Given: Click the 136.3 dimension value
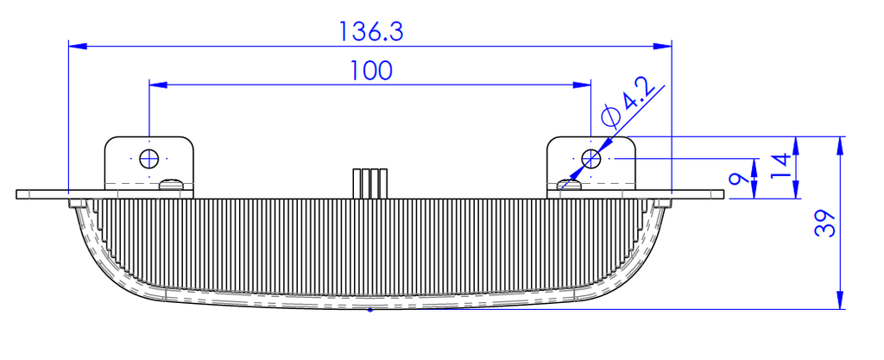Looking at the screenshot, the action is pos(370,32).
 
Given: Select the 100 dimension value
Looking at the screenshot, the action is pos(371,71).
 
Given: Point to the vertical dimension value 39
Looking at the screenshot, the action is pos(825,224).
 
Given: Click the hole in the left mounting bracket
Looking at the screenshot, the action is pos(149,159).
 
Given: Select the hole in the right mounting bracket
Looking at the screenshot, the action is pos(590,159).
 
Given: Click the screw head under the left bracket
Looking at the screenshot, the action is pos(173,184).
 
